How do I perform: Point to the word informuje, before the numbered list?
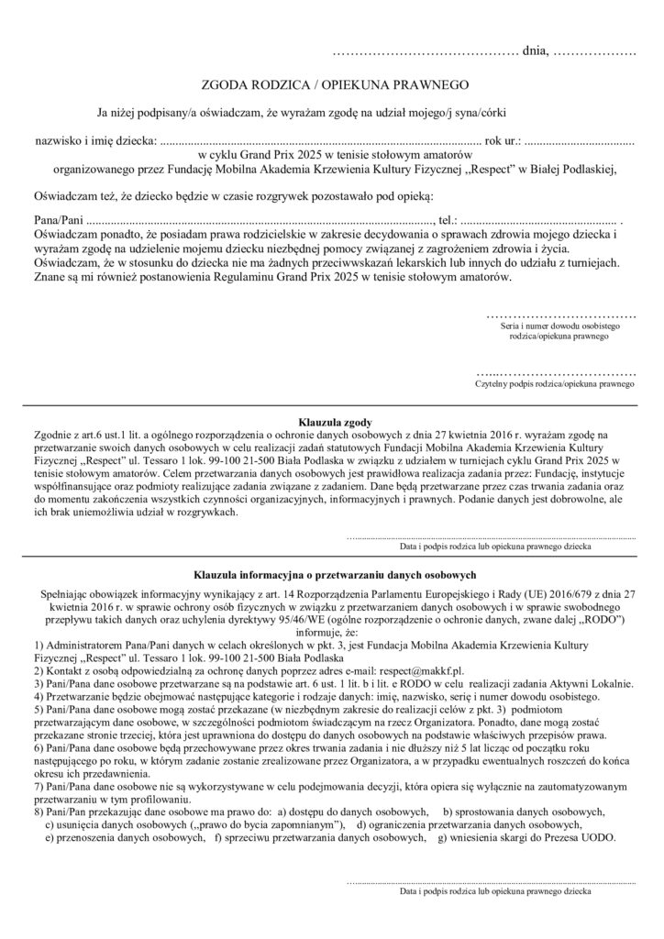331,633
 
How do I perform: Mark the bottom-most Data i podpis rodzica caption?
495,890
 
